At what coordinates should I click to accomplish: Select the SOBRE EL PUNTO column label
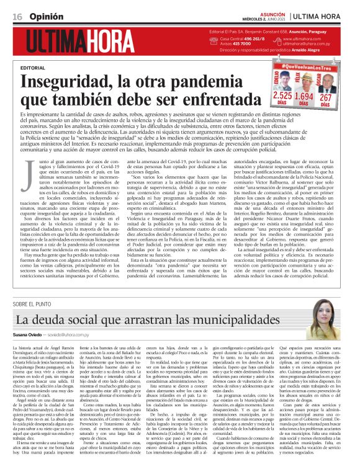(34, 304)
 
